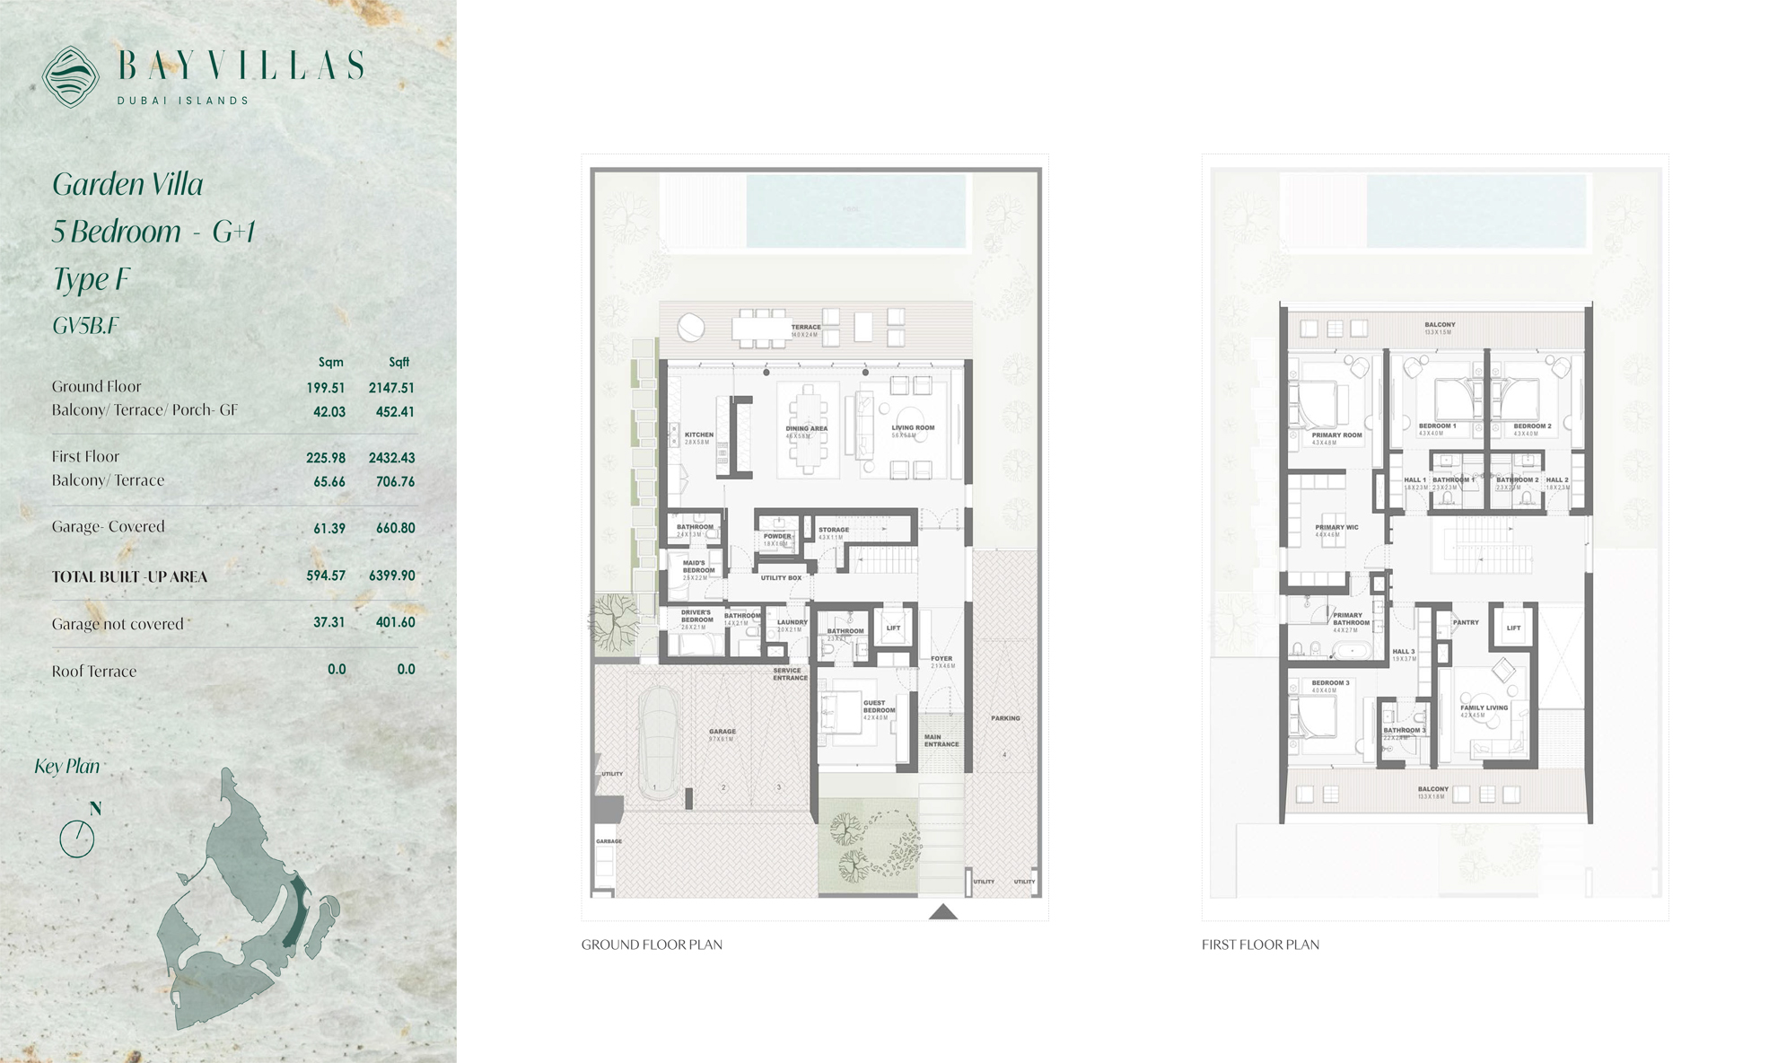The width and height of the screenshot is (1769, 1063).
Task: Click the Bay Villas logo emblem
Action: pos(71,76)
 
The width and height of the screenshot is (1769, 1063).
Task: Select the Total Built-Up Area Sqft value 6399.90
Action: pos(391,575)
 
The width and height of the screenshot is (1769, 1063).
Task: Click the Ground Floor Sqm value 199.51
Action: pos(325,388)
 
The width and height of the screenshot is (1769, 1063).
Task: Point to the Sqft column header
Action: pos(398,362)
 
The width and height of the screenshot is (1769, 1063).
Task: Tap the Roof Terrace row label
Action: pos(94,671)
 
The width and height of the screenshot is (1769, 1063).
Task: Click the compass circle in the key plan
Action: pos(77,839)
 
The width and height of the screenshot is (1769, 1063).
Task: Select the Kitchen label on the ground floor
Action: pos(699,435)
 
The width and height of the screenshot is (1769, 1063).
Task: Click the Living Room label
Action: pos(913,428)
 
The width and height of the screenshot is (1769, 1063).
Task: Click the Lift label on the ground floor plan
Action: pos(893,628)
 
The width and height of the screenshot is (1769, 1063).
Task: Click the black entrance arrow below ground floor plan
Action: pos(942,912)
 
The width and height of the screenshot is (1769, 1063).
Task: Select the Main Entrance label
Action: pos(941,741)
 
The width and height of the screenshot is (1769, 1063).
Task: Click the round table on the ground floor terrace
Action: pos(691,327)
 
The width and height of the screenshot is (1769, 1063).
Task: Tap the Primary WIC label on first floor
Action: pos(1336,528)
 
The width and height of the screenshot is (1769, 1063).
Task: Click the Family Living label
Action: pos(1484,707)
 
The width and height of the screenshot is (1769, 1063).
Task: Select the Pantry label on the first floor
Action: pos(1465,622)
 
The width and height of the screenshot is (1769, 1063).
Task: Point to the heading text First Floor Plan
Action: pos(1260,944)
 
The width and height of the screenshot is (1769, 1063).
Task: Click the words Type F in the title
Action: pos(91,279)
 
